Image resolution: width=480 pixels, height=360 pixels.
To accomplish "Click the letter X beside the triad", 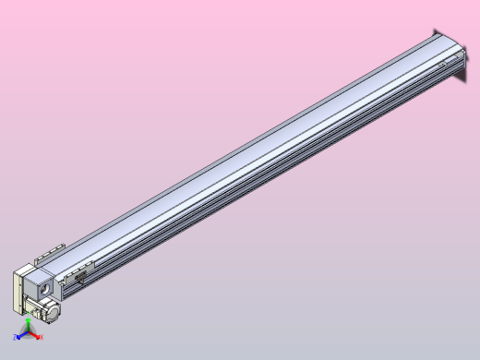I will [42, 338].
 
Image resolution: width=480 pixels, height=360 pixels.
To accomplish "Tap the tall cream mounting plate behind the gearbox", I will [17, 292].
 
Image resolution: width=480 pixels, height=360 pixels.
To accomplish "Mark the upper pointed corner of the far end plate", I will [433, 30].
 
